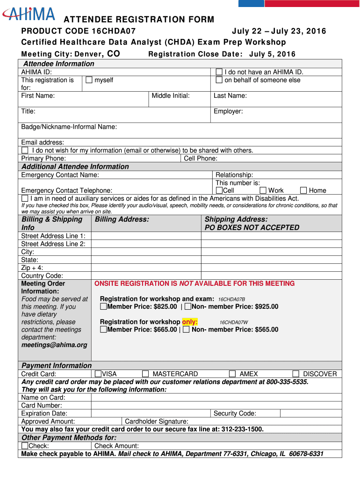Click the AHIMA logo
coord(29,14)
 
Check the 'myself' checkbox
coord(89,80)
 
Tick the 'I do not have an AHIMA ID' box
coord(219,72)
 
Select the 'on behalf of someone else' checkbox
coord(219,80)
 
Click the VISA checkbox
coord(98,374)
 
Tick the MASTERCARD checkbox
coord(145,374)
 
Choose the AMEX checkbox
coord(232,374)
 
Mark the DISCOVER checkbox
coord(296,374)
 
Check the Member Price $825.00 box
coord(103,306)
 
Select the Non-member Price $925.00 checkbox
coord(188,306)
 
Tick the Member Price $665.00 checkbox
coord(103,329)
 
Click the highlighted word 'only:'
coord(190,322)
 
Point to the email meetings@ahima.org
coord(54,345)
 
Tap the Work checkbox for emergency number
coord(263,190)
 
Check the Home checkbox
coord(303,190)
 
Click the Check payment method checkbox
coord(25,446)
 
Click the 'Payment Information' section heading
coord(57,365)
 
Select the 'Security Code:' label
coord(235,413)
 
